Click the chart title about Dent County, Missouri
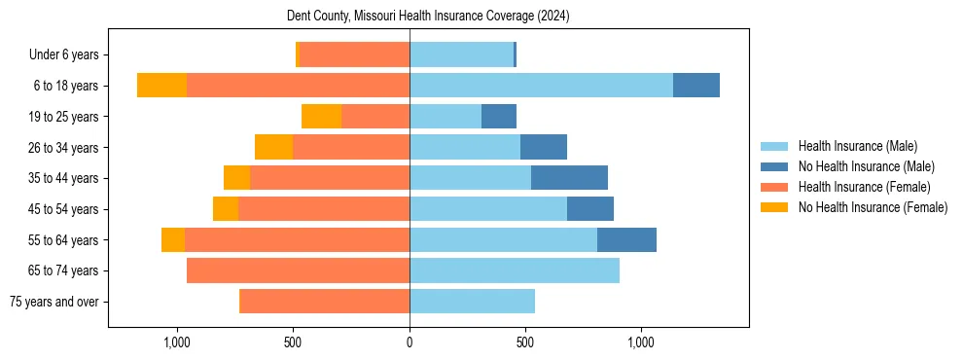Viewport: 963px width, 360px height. (428, 17)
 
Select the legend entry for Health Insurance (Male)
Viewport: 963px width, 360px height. (857, 146)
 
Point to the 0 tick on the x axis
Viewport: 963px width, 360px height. (410, 343)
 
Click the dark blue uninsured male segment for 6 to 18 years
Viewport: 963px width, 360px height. (696, 86)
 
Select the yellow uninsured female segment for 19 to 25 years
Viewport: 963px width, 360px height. (321, 117)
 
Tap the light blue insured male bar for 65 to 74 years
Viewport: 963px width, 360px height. (515, 270)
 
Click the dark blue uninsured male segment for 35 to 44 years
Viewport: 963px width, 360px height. (569, 178)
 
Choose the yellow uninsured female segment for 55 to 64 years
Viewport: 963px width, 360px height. (173, 239)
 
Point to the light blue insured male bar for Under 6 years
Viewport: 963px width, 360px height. (461, 54)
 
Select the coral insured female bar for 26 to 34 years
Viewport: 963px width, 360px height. (351, 147)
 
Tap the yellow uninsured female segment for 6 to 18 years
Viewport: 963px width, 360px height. (161, 86)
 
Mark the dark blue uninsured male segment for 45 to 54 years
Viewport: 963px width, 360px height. (590, 209)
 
